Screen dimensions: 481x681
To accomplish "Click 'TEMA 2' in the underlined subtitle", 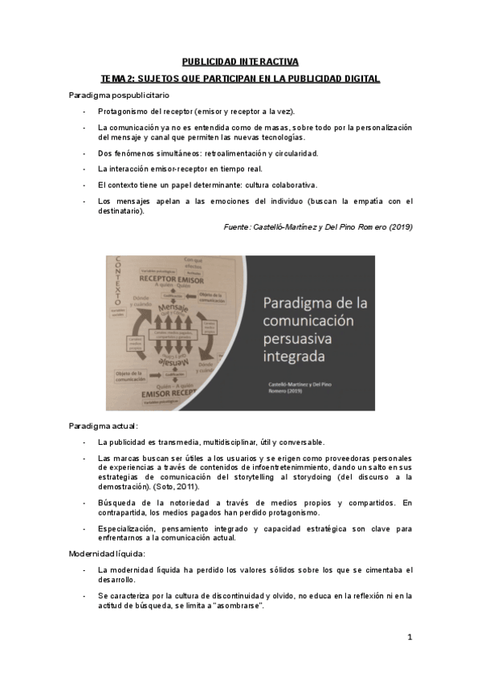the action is (x=117, y=79).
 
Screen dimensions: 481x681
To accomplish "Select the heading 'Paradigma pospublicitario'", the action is (x=114, y=96).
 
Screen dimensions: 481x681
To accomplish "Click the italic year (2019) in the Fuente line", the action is (x=399, y=227).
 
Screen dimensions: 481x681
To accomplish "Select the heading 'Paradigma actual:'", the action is (x=104, y=426).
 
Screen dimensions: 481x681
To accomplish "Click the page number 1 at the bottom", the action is (x=410, y=638).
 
